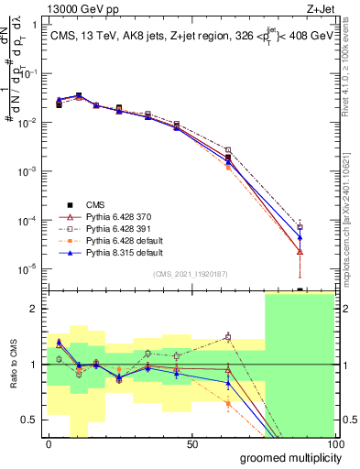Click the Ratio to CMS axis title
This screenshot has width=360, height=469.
tap(13, 365)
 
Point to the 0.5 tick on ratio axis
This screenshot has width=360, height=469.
tap(30, 420)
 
